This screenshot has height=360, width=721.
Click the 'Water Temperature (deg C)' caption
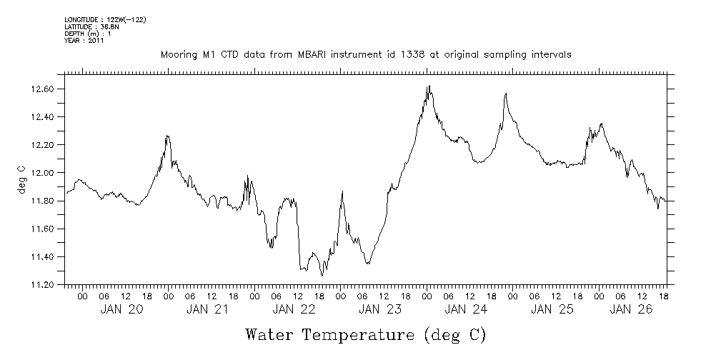coord(366,334)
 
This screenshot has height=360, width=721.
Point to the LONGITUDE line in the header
coord(105,19)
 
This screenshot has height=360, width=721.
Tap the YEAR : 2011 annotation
coord(84,41)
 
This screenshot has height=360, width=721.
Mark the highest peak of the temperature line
coord(428,86)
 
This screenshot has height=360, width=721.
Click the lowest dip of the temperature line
coord(322,275)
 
